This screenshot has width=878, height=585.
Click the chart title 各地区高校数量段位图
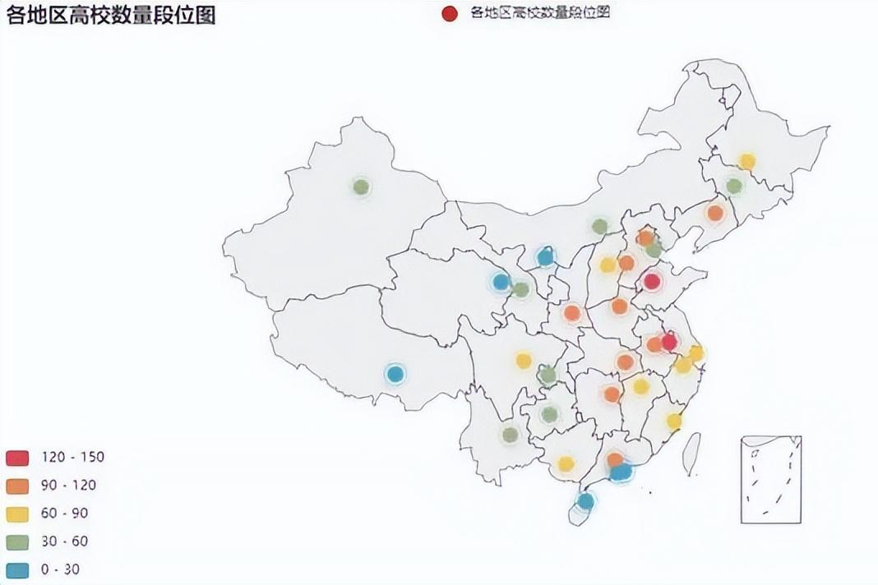tap(111, 16)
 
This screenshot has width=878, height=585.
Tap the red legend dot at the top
tap(449, 12)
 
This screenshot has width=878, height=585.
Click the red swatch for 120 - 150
tap(18, 458)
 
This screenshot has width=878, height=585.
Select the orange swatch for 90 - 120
tap(18, 486)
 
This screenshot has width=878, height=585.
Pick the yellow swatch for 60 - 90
tap(18, 514)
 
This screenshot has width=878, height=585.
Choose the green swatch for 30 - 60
tap(18, 541)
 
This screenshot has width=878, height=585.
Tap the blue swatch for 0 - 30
tap(18, 569)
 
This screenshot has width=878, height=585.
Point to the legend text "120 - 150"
tap(72, 458)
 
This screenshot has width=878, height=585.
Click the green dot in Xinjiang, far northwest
tap(361, 187)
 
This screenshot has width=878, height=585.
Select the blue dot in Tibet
tap(395, 374)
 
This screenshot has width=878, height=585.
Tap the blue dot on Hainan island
tap(585, 500)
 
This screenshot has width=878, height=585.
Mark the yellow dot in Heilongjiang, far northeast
tap(746, 162)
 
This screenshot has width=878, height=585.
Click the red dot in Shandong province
tap(652, 282)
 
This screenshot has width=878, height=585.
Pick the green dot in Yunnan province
tap(511, 435)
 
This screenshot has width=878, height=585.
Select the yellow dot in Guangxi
tap(566, 464)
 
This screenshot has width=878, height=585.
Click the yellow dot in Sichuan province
tap(524, 360)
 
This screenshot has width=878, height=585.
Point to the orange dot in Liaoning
tap(715, 213)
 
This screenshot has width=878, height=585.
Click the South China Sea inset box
tap(770, 479)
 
